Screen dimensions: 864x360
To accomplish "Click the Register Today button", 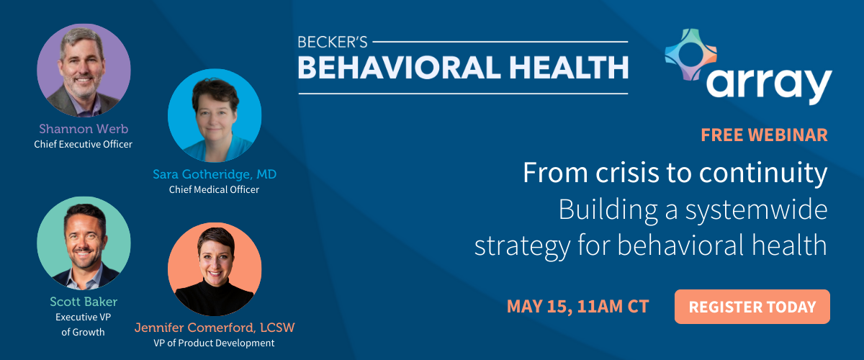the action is tap(752, 307).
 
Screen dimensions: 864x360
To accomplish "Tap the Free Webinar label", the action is tap(764, 135).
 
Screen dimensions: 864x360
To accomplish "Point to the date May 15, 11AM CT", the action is tap(577, 307).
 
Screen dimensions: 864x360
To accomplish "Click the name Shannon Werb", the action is tap(84, 129).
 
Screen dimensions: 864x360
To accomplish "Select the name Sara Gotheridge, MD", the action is tap(215, 174).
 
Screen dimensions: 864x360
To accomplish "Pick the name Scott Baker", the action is tap(84, 302).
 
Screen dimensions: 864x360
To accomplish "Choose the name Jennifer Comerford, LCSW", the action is tap(215, 328).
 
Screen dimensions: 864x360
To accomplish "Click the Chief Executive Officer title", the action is tap(83, 144).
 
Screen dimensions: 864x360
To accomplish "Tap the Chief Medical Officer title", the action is tap(214, 189).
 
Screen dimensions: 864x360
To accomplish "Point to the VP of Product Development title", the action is tap(214, 343).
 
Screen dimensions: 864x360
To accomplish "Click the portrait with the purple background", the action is tap(84, 71).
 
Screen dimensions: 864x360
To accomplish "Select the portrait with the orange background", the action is tap(215, 269).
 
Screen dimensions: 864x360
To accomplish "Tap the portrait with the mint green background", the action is tap(84, 243).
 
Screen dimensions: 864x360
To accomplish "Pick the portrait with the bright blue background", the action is tap(215, 115).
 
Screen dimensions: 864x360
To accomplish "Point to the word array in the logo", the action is tap(769, 86).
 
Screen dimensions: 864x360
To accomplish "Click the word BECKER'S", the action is tap(333, 42).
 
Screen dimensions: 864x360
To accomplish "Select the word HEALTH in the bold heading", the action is tap(569, 68).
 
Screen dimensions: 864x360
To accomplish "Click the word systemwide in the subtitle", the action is tap(757, 210).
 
